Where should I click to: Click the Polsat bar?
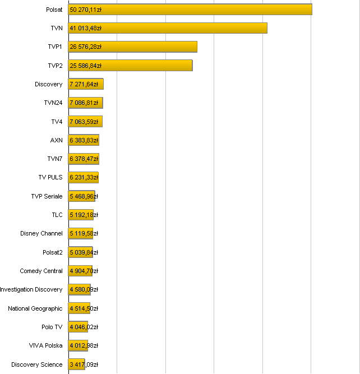point(190,10)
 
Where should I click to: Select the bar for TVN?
point(168,28)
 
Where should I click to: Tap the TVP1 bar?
point(133,47)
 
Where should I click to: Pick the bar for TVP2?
point(131,66)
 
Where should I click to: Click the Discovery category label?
point(49,84)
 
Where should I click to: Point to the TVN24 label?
point(53,103)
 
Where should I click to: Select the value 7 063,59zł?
point(85,122)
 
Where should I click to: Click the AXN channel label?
point(57,140)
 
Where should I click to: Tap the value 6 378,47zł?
point(84,159)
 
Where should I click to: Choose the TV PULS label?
point(50,178)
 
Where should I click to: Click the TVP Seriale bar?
point(82,196)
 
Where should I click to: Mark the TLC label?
point(57,215)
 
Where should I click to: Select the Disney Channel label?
point(41,233)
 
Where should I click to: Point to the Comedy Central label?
point(41,271)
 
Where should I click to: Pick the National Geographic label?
point(35,308)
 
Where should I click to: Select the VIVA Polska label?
point(46,345)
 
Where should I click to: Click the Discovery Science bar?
point(76,364)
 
